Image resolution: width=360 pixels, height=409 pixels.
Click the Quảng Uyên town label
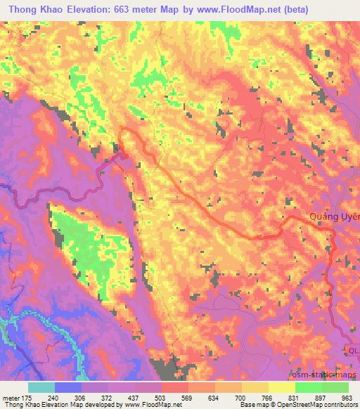click(x=335, y=217)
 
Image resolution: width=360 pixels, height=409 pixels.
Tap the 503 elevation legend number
click(x=162, y=397)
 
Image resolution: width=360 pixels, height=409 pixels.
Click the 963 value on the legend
click(x=347, y=397)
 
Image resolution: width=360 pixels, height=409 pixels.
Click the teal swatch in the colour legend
click(x=41, y=387)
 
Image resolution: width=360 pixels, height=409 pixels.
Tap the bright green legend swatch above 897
click(x=309, y=387)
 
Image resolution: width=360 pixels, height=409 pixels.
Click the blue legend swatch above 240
click(x=68, y=387)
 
